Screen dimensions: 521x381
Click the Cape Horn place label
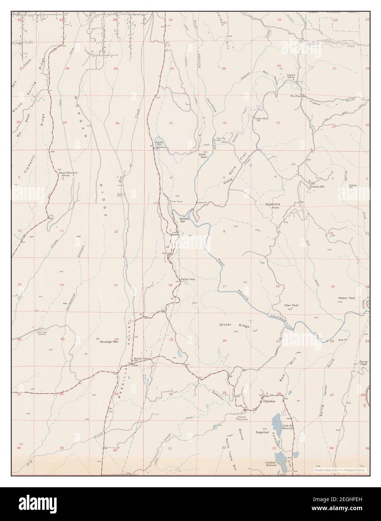[203, 156]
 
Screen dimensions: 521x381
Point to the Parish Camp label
[188, 279]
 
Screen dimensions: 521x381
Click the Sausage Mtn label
[108, 342]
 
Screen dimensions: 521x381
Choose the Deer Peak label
[291, 305]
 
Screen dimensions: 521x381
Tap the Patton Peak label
[346, 298]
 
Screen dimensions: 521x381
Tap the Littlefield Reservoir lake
[280, 458]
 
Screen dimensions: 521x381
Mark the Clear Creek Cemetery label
[33, 333]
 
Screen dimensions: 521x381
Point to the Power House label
[176, 201]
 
